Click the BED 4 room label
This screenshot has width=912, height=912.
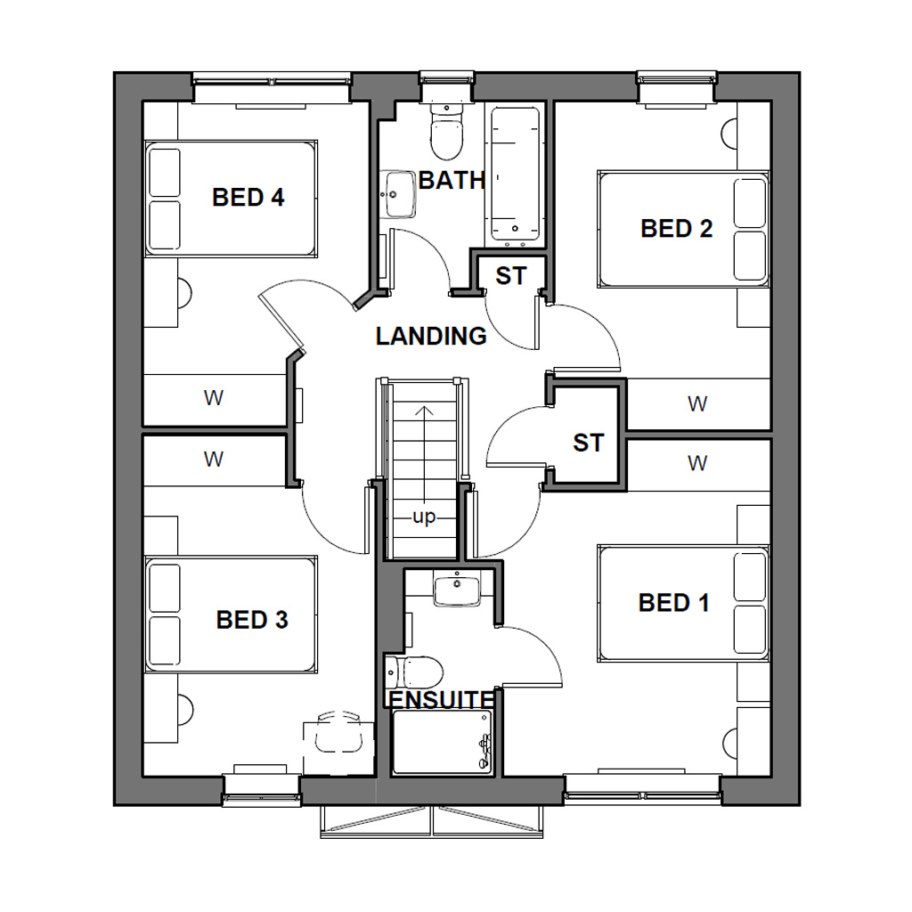point(248,198)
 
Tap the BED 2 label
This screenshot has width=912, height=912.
point(677,229)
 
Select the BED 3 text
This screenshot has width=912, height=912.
point(252,620)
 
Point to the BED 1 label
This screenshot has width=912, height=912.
point(674,603)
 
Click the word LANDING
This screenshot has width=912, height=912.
point(431,337)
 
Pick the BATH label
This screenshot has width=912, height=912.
point(452,181)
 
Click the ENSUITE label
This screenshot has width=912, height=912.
point(441,699)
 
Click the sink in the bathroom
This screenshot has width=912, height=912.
point(398,194)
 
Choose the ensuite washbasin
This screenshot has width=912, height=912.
point(457,590)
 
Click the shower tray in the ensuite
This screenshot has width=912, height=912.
point(442,742)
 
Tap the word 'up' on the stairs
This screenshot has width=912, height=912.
point(424,517)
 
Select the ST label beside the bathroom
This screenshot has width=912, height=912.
point(511,276)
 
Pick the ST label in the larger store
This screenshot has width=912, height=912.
point(588,443)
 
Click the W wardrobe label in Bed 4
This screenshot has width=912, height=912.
point(214,399)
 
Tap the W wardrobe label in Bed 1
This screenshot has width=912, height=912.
point(697,463)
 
